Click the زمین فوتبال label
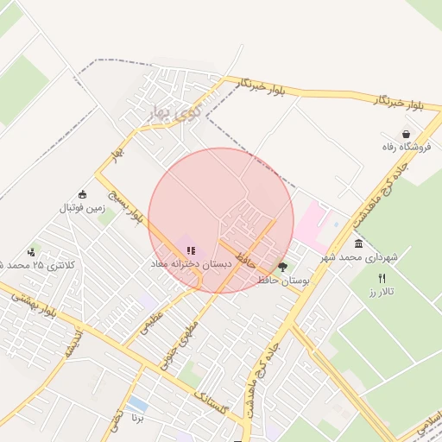[x=81, y=208]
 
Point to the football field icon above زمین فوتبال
[x=82, y=194]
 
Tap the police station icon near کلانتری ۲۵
[x=32, y=252]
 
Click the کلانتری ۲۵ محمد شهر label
[x=39, y=265]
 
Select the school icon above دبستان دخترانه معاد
[x=191, y=251]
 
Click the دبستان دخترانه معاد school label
[x=192, y=264]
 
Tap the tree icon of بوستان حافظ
[x=282, y=268]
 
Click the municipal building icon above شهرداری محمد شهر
[x=358, y=243]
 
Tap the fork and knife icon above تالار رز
[x=382, y=278]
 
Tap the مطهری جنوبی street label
[x=184, y=338]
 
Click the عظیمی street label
[x=149, y=327]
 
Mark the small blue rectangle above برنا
[x=136, y=404]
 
